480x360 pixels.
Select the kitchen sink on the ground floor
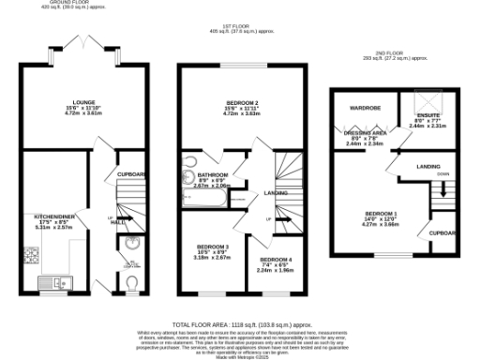click(54, 280)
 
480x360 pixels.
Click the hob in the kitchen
click(28, 258)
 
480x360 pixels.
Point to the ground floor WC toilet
click(135, 281)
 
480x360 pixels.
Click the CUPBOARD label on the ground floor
click(132, 175)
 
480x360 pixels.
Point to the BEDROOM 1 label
click(383, 214)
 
